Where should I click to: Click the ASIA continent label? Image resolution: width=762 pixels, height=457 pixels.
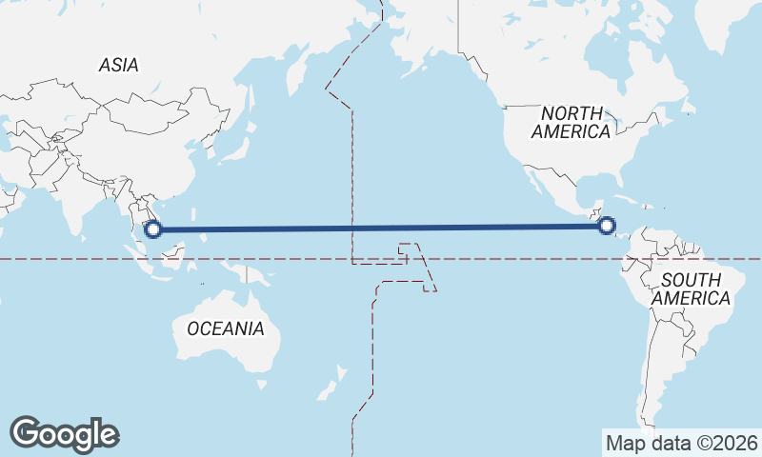119,66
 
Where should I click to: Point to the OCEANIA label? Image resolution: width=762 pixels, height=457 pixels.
225,328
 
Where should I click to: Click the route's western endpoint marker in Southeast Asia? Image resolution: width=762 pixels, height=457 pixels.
152,228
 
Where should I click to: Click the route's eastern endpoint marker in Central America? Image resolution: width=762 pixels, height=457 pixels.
606,226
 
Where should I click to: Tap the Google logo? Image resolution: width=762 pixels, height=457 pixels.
65,434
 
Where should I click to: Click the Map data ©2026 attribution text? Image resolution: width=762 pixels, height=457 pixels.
682,443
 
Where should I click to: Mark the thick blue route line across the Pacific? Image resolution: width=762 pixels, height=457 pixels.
381,228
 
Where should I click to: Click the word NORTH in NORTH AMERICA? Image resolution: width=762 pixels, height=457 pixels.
572,113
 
